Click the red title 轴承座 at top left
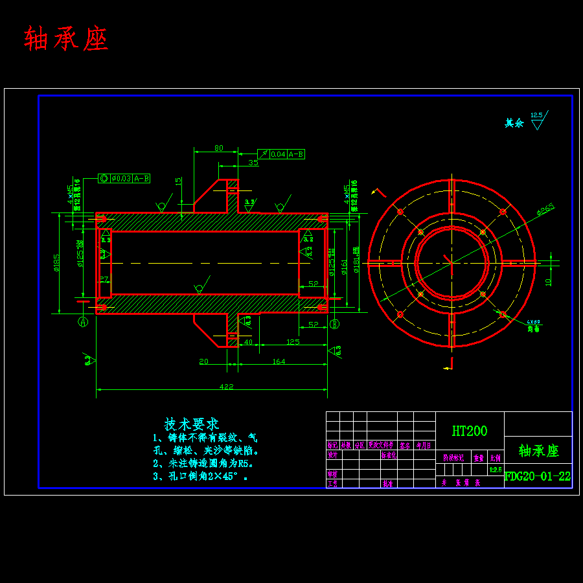tap(66, 40)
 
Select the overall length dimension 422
tap(226, 387)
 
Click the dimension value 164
tap(279, 361)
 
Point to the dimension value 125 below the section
tap(293, 341)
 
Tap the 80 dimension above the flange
tap(219, 148)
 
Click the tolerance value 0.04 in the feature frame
tap(278, 154)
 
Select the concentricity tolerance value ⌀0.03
tap(121, 178)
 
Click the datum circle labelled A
tap(83, 321)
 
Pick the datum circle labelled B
tap(334, 323)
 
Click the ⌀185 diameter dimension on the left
tap(57, 262)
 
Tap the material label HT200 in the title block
tap(470, 431)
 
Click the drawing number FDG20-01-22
tap(538, 476)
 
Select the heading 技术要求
tap(191, 424)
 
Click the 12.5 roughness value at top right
tap(536, 115)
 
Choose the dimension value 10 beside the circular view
tap(548, 282)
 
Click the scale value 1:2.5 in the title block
tap(496, 470)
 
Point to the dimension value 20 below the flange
tap(204, 361)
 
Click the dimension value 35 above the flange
tap(253, 163)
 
